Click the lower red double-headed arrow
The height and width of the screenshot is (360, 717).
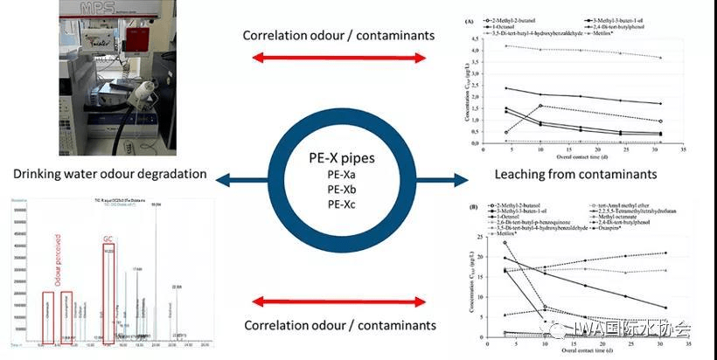pyautogui.click(x=339, y=301)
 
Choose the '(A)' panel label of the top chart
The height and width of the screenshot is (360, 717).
pyautogui.click(x=470, y=19)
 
